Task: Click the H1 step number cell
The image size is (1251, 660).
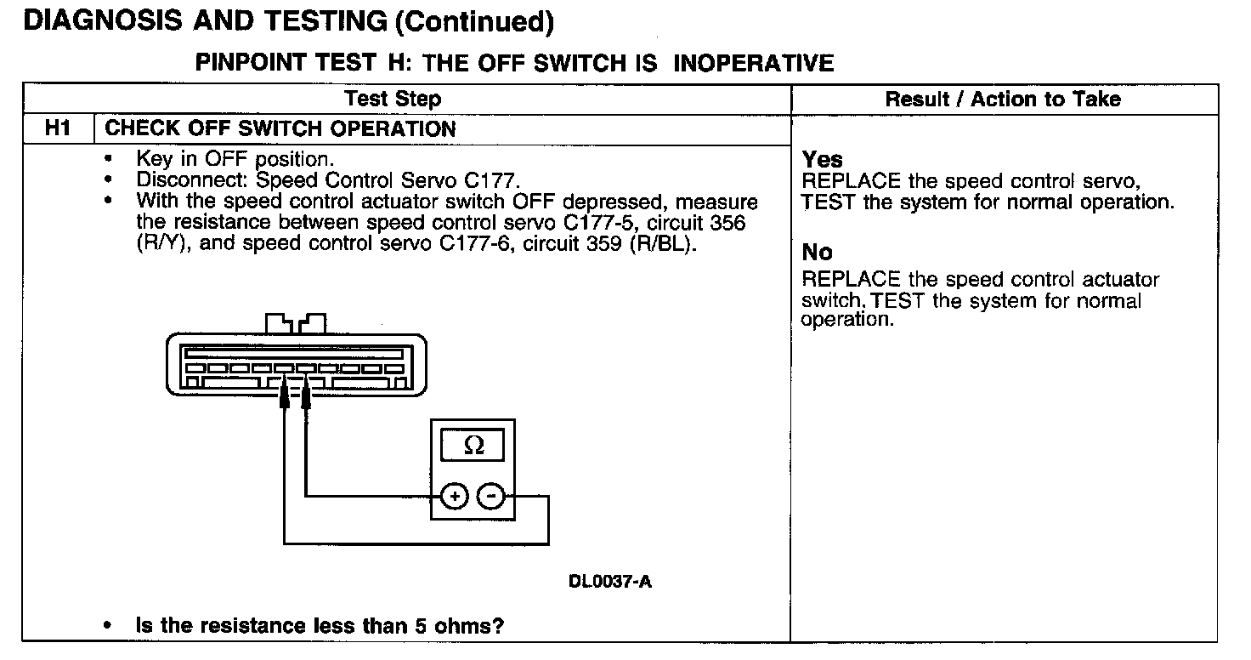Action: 57,129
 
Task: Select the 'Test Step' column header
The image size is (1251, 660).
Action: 393,99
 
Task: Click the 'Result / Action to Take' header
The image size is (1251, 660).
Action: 1003,100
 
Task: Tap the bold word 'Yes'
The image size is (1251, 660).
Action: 823,160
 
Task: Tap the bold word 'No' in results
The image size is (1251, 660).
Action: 818,253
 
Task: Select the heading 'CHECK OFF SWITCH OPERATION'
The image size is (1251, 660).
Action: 280,129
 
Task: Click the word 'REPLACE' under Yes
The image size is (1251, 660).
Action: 851,182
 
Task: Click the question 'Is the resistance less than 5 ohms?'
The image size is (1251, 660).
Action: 320,626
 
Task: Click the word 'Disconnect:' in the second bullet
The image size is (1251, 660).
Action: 193,180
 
